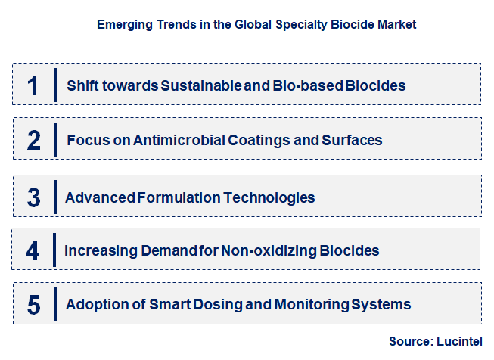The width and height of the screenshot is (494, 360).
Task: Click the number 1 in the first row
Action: point(33,85)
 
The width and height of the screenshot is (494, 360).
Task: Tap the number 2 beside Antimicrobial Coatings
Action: point(33,140)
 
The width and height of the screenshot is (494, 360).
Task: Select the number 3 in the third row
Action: point(33,197)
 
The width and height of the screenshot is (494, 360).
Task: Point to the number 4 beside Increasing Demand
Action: point(33,250)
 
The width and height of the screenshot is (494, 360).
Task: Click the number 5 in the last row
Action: point(33,305)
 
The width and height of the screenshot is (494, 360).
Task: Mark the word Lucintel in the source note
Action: point(458,342)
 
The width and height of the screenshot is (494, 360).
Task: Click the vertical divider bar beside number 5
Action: point(56,303)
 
